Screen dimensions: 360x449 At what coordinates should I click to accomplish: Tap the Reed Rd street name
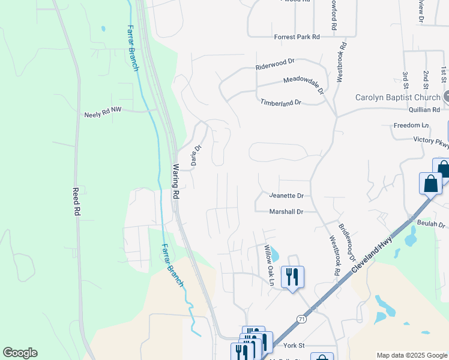coord(76,202)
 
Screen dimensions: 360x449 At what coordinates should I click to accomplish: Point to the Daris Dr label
coord(195,156)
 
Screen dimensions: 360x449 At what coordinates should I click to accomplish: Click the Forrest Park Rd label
coord(297,37)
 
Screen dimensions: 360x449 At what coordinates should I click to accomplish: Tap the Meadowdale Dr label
coord(303,85)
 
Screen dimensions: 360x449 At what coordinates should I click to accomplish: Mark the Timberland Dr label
coord(280,103)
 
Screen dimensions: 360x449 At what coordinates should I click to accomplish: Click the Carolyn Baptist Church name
coord(398,97)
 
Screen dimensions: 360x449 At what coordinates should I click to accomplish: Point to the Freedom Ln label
coord(411,125)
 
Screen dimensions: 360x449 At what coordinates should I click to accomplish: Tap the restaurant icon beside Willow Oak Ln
coord(292,277)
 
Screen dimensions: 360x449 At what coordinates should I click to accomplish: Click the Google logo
coord(20,353)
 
